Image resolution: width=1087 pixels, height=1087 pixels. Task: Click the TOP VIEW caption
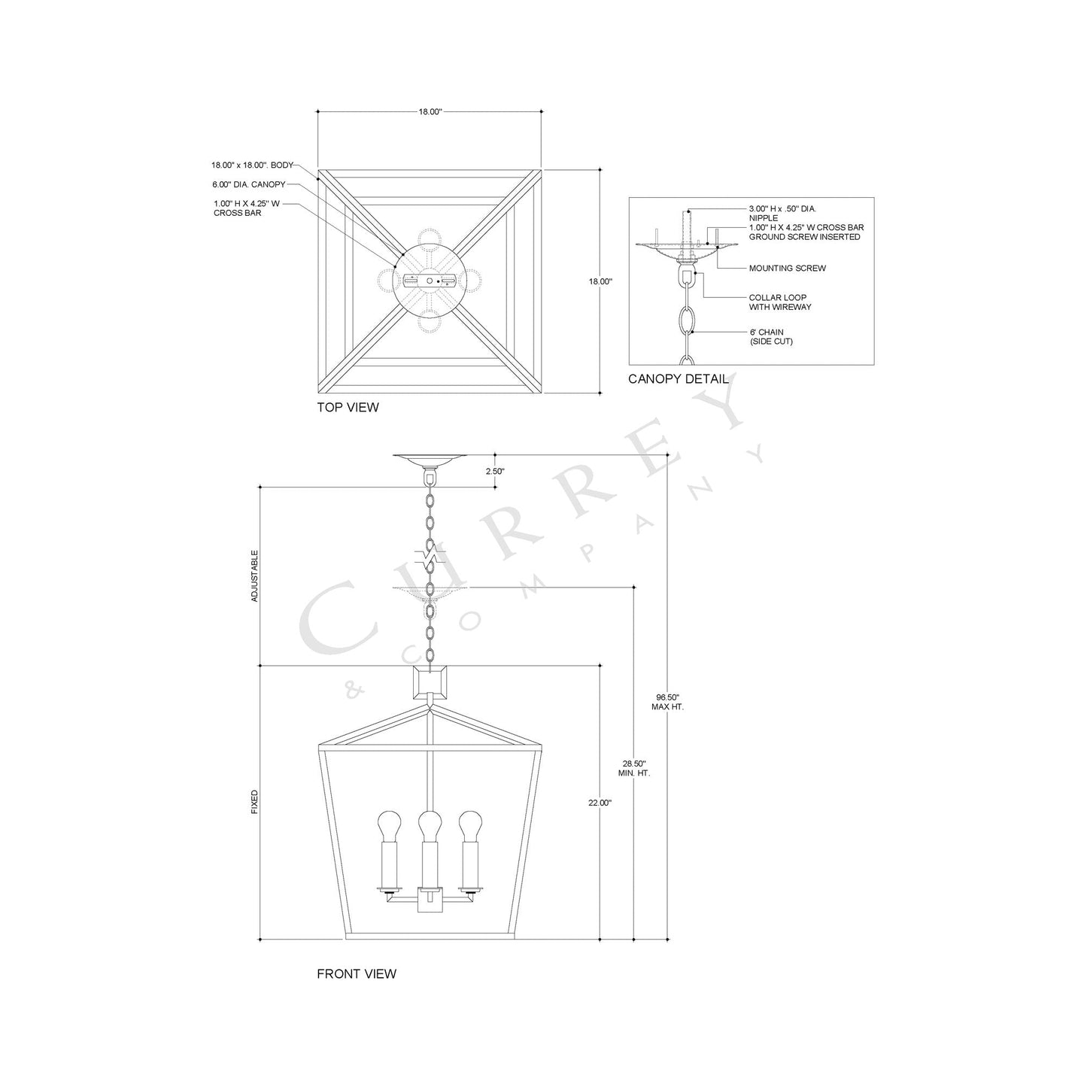point(348,408)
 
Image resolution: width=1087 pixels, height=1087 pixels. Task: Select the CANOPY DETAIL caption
point(678,379)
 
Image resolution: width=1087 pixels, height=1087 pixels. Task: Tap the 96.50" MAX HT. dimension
point(667,702)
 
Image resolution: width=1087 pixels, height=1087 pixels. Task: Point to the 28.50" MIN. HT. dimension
point(634,768)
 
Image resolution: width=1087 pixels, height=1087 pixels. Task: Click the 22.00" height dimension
point(600,803)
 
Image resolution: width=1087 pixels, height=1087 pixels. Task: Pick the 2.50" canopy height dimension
point(494,471)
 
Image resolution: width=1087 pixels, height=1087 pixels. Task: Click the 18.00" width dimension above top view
point(430,111)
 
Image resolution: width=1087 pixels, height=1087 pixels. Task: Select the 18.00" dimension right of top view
point(600,281)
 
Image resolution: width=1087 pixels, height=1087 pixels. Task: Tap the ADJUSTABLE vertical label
point(254,575)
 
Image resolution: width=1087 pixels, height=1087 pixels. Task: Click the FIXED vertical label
point(254,802)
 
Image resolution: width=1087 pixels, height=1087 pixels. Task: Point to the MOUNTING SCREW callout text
point(787,269)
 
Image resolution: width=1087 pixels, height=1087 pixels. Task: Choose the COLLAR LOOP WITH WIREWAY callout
point(779,302)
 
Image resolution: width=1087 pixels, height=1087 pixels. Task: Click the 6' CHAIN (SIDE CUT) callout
point(771,337)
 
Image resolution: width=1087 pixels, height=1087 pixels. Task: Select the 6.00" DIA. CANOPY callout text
point(248,184)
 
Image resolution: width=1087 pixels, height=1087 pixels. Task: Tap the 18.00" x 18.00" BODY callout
point(251,165)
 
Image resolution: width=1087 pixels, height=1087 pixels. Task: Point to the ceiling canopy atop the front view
point(430,460)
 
